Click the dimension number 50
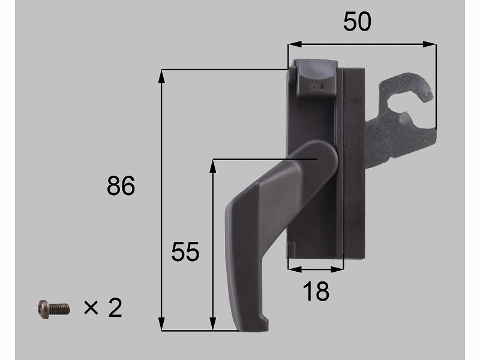(357, 22)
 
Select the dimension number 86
(121, 186)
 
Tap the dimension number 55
(185, 251)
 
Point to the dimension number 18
(316, 291)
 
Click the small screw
(54, 309)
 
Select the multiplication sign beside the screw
(91, 308)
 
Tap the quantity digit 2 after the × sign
(115, 308)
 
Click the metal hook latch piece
(401, 119)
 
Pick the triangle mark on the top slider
(321, 86)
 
